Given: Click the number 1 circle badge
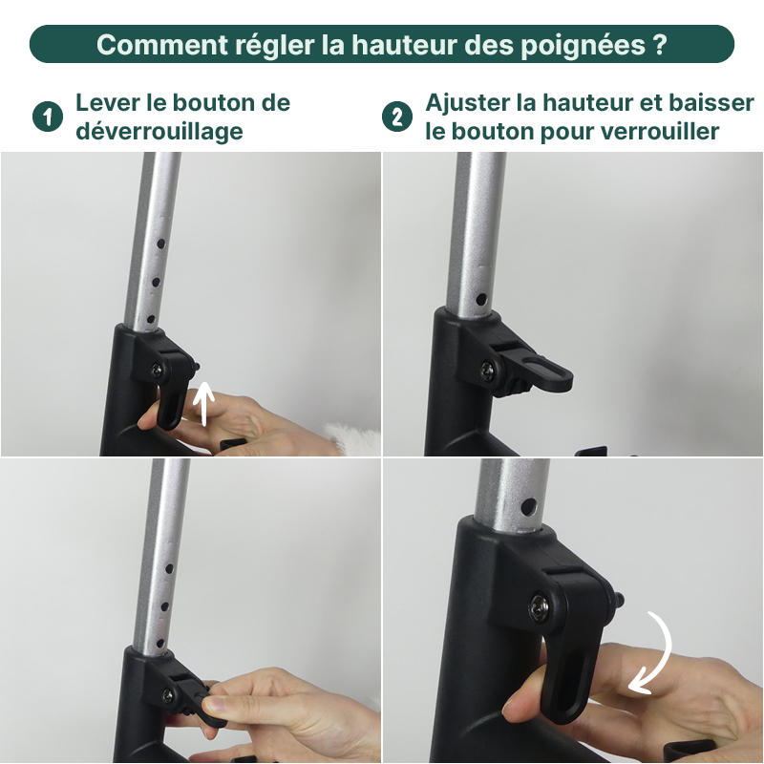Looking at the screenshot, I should click(x=47, y=117).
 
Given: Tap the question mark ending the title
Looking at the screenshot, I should click(x=659, y=45).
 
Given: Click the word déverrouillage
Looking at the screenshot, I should click(x=159, y=131).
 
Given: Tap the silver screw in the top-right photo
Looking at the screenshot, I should click(x=489, y=368).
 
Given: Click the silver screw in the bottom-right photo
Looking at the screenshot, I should click(x=541, y=605).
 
